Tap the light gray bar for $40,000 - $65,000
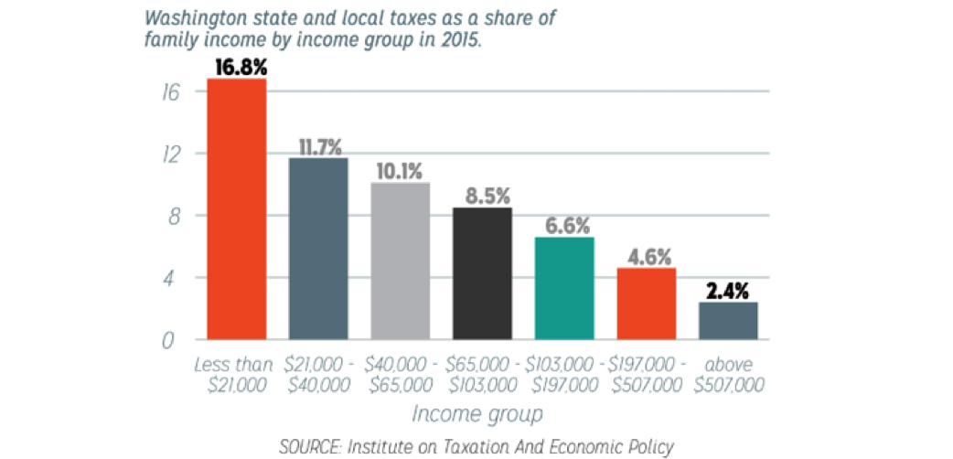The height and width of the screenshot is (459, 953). (x=401, y=261)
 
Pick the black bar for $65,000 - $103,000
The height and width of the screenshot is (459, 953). (x=483, y=273)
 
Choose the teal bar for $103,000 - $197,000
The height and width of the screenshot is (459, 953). (x=564, y=288)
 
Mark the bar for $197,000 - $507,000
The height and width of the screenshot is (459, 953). (x=647, y=304)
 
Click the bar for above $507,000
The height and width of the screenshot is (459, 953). (x=728, y=321)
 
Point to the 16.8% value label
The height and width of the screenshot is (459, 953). (x=238, y=66)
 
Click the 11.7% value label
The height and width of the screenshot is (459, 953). (x=318, y=146)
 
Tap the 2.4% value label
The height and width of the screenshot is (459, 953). (x=728, y=291)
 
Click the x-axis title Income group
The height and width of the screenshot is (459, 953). (x=476, y=413)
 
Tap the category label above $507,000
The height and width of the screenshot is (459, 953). (x=729, y=375)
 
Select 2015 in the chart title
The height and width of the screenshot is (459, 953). (x=455, y=39)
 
